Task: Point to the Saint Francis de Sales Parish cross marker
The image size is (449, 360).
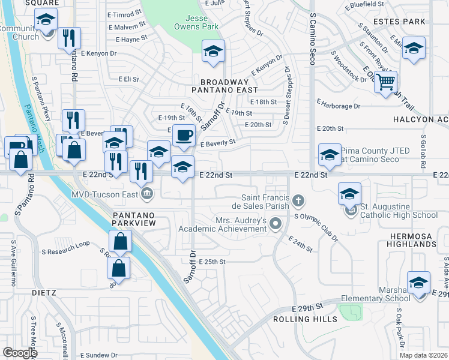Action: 297,199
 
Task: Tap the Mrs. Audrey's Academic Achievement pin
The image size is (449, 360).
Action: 276,224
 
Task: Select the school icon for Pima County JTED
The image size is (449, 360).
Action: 329,155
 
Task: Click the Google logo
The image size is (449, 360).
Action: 19,353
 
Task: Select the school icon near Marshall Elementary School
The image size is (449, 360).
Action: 418,282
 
